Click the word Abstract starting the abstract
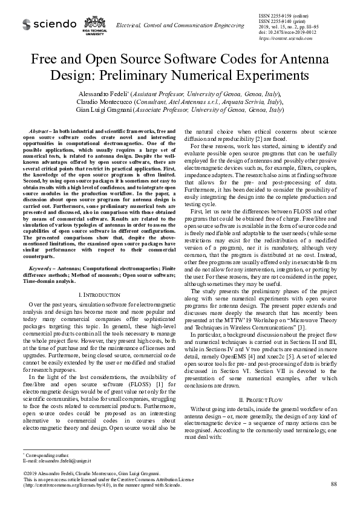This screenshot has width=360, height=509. point(39,131)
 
